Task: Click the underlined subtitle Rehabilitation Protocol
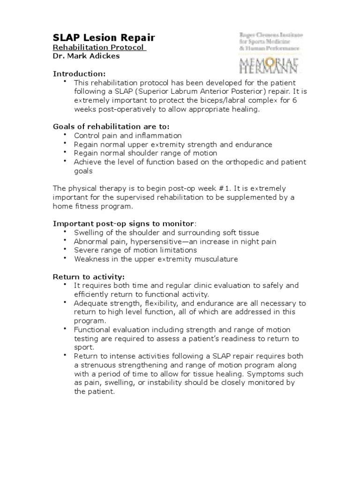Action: click(99, 48)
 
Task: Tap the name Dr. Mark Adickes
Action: click(86, 56)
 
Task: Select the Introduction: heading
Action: click(79, 74)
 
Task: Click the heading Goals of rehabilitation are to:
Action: click(111, 127)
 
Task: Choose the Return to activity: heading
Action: click(89, 277)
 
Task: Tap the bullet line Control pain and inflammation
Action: click(127, 135)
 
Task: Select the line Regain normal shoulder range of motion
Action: click(145, 153)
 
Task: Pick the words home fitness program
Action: click(93, 206)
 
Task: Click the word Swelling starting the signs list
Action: click(88, 233)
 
